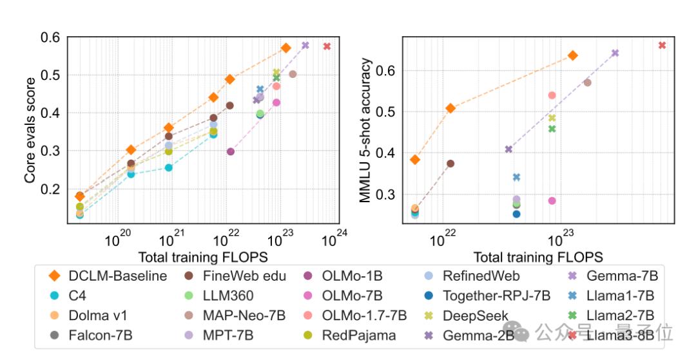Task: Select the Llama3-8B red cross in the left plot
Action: (x=327, y=46)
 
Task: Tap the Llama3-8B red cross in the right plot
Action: (x=662, y=45)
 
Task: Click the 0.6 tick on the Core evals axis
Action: (x=55, y=37)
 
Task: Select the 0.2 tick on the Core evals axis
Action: (x=55, y=189)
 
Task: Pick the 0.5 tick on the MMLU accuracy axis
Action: (x=391, y=112)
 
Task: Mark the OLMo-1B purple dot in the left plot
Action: (x=231, y=151)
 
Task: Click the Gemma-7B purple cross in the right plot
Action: (x=615, y=53)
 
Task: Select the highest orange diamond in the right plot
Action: (x=572, y=55)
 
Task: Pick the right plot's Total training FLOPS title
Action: (x=538, y=257)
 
